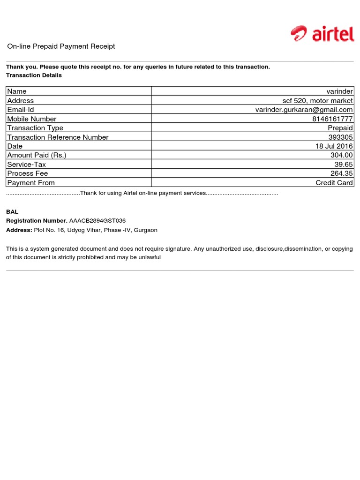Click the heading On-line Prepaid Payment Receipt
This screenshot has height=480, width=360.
coord(61,46)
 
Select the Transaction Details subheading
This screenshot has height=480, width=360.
coord(34,75)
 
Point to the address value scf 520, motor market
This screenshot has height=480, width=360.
coord(317,101)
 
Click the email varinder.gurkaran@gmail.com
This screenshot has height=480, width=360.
coord(304,110)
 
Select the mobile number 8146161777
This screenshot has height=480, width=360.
coord(332,119)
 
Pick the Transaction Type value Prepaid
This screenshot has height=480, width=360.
coord(340,128)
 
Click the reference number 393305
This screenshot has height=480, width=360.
coord(341,137)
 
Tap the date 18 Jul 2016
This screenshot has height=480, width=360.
coord(334,146)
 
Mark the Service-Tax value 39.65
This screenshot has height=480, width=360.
coord(344,165)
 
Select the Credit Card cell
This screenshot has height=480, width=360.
coord(334,183)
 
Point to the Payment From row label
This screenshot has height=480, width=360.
coord(31,183)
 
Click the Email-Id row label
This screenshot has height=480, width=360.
coord(21,110)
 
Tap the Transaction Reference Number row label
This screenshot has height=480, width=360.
coord(58,137)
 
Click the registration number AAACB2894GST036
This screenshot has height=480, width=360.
coord(97,221)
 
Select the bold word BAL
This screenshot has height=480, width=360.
coord(12,212)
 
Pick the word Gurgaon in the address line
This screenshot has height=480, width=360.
coord(146,230)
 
